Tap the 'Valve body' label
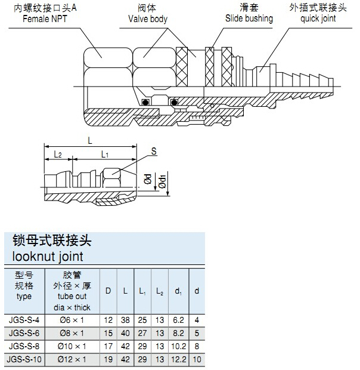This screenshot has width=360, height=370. [x=148, y=19]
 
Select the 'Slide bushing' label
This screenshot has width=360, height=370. [x=249, y=18]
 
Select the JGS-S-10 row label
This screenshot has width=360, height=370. [x=24, y=359]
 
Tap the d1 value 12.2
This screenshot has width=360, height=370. [x=178, y=359]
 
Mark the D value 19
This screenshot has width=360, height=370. [x=108, y=359]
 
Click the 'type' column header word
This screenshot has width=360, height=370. [x=24, y=296]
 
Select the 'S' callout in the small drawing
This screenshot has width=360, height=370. [x=153, y=152]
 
